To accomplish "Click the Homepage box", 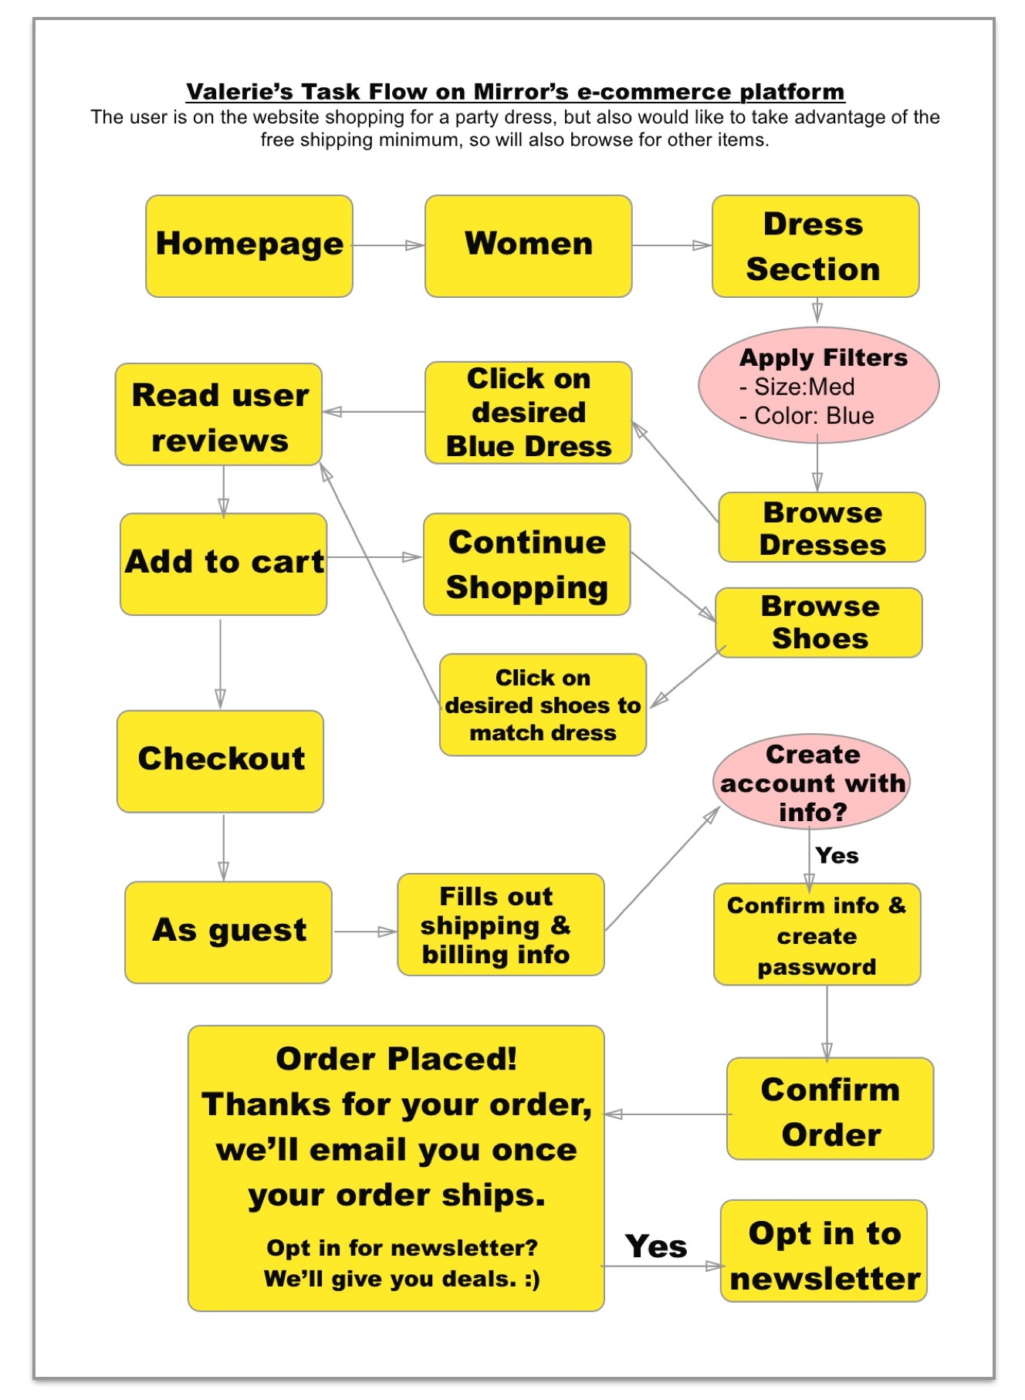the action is tap(249, 245).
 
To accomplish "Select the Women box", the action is tap(528, 245).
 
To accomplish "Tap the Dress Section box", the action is tap(815, 245).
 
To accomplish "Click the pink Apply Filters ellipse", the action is tap(818, 384).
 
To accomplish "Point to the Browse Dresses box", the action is tap(821, 527).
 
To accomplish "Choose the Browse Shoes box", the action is tap(818, 622).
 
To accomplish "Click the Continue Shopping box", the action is tap(526, 564).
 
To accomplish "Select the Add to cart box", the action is tap(224, 563).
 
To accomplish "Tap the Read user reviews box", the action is tap(219, 414).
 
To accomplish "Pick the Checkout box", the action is tap(220, 761).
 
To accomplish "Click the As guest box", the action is tap(228, 932).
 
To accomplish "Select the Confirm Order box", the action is tap(830, 1108).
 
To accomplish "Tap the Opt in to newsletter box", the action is tap(824, 1250).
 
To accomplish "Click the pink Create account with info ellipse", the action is tap(811, 781).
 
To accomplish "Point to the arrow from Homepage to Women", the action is tap(388, 245).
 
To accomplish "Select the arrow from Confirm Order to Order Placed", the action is tap(667, 1114).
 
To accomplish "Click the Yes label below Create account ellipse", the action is tap(837, 855).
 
